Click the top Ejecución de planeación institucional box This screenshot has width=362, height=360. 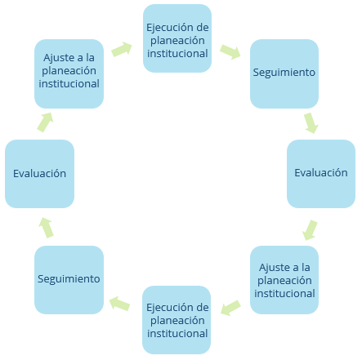(x=177, y=38)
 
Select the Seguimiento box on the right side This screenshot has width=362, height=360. (x=284, y=73)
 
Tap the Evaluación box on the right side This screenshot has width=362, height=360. (x=321, y=174)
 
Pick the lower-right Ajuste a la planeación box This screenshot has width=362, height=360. (x=284, y=280)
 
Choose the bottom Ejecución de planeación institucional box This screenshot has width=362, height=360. (x=177, y=320)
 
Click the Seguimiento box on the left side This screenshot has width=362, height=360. (x=69, y=280)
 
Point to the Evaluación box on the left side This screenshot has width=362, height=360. (x=39, y=174)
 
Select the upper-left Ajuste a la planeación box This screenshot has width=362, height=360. (x=69, y=73)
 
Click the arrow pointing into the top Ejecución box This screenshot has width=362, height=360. (x=122, y=49)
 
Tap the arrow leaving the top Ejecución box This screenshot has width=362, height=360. (x=230, y=51)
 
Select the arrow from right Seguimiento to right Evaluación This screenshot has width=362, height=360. (x=311, y=123)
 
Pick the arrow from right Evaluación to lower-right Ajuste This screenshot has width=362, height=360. (x=310, y=230)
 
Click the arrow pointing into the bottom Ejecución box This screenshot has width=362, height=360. (x=230, y=308)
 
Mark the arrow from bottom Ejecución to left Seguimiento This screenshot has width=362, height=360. (x=119, y=304)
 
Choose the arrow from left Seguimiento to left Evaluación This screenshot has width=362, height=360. (x=46, y=228)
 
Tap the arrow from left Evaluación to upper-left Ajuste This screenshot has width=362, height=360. (x=45, y=122)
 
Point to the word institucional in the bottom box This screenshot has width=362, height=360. (x=177, y=333)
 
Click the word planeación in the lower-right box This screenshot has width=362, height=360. (x=284, y=281)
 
